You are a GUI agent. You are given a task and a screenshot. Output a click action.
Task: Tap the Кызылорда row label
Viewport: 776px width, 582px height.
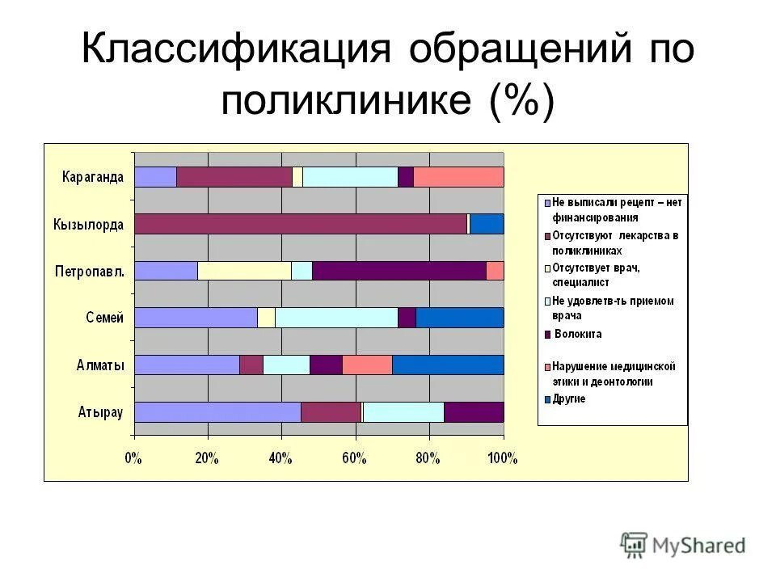89,224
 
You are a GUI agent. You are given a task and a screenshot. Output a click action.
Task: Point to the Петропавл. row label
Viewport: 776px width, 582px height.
89,271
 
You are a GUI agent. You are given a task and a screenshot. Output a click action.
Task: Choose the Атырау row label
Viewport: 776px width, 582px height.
100,412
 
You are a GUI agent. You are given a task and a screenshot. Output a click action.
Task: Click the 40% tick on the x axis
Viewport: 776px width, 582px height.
280,459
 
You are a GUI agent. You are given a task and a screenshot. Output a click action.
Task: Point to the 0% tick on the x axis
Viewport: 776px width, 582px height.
134,459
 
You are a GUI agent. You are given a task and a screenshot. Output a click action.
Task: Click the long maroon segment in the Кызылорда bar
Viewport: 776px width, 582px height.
301,224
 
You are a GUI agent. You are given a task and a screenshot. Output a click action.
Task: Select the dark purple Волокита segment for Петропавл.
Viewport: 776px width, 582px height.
399,271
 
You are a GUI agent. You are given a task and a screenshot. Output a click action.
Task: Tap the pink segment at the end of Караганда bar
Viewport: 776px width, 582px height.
458,177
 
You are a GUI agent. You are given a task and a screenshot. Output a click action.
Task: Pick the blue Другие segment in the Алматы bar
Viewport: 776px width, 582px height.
448,365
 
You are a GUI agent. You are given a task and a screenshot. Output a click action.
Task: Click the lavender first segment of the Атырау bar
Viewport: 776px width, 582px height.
217,412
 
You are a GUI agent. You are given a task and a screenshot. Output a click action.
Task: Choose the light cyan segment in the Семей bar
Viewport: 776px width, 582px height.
336,318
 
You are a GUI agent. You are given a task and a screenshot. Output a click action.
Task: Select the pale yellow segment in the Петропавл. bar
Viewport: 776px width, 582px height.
244,271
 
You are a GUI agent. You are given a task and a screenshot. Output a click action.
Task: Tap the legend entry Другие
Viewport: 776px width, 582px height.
570,399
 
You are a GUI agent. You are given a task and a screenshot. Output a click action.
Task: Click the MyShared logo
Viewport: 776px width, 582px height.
683,545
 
